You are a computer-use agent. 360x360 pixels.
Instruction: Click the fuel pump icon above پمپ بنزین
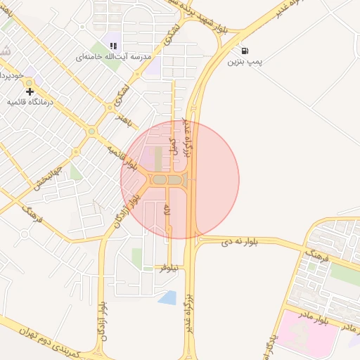coord(244,51)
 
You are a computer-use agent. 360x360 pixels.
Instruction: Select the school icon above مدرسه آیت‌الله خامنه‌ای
coord(113,46)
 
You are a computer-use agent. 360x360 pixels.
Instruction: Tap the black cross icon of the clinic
coord(30,91)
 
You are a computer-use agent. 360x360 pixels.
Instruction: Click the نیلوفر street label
coord(172,267)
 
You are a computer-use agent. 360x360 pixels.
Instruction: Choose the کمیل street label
coord(174,146)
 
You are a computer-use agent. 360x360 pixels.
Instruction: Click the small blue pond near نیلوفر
coord(167,297)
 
